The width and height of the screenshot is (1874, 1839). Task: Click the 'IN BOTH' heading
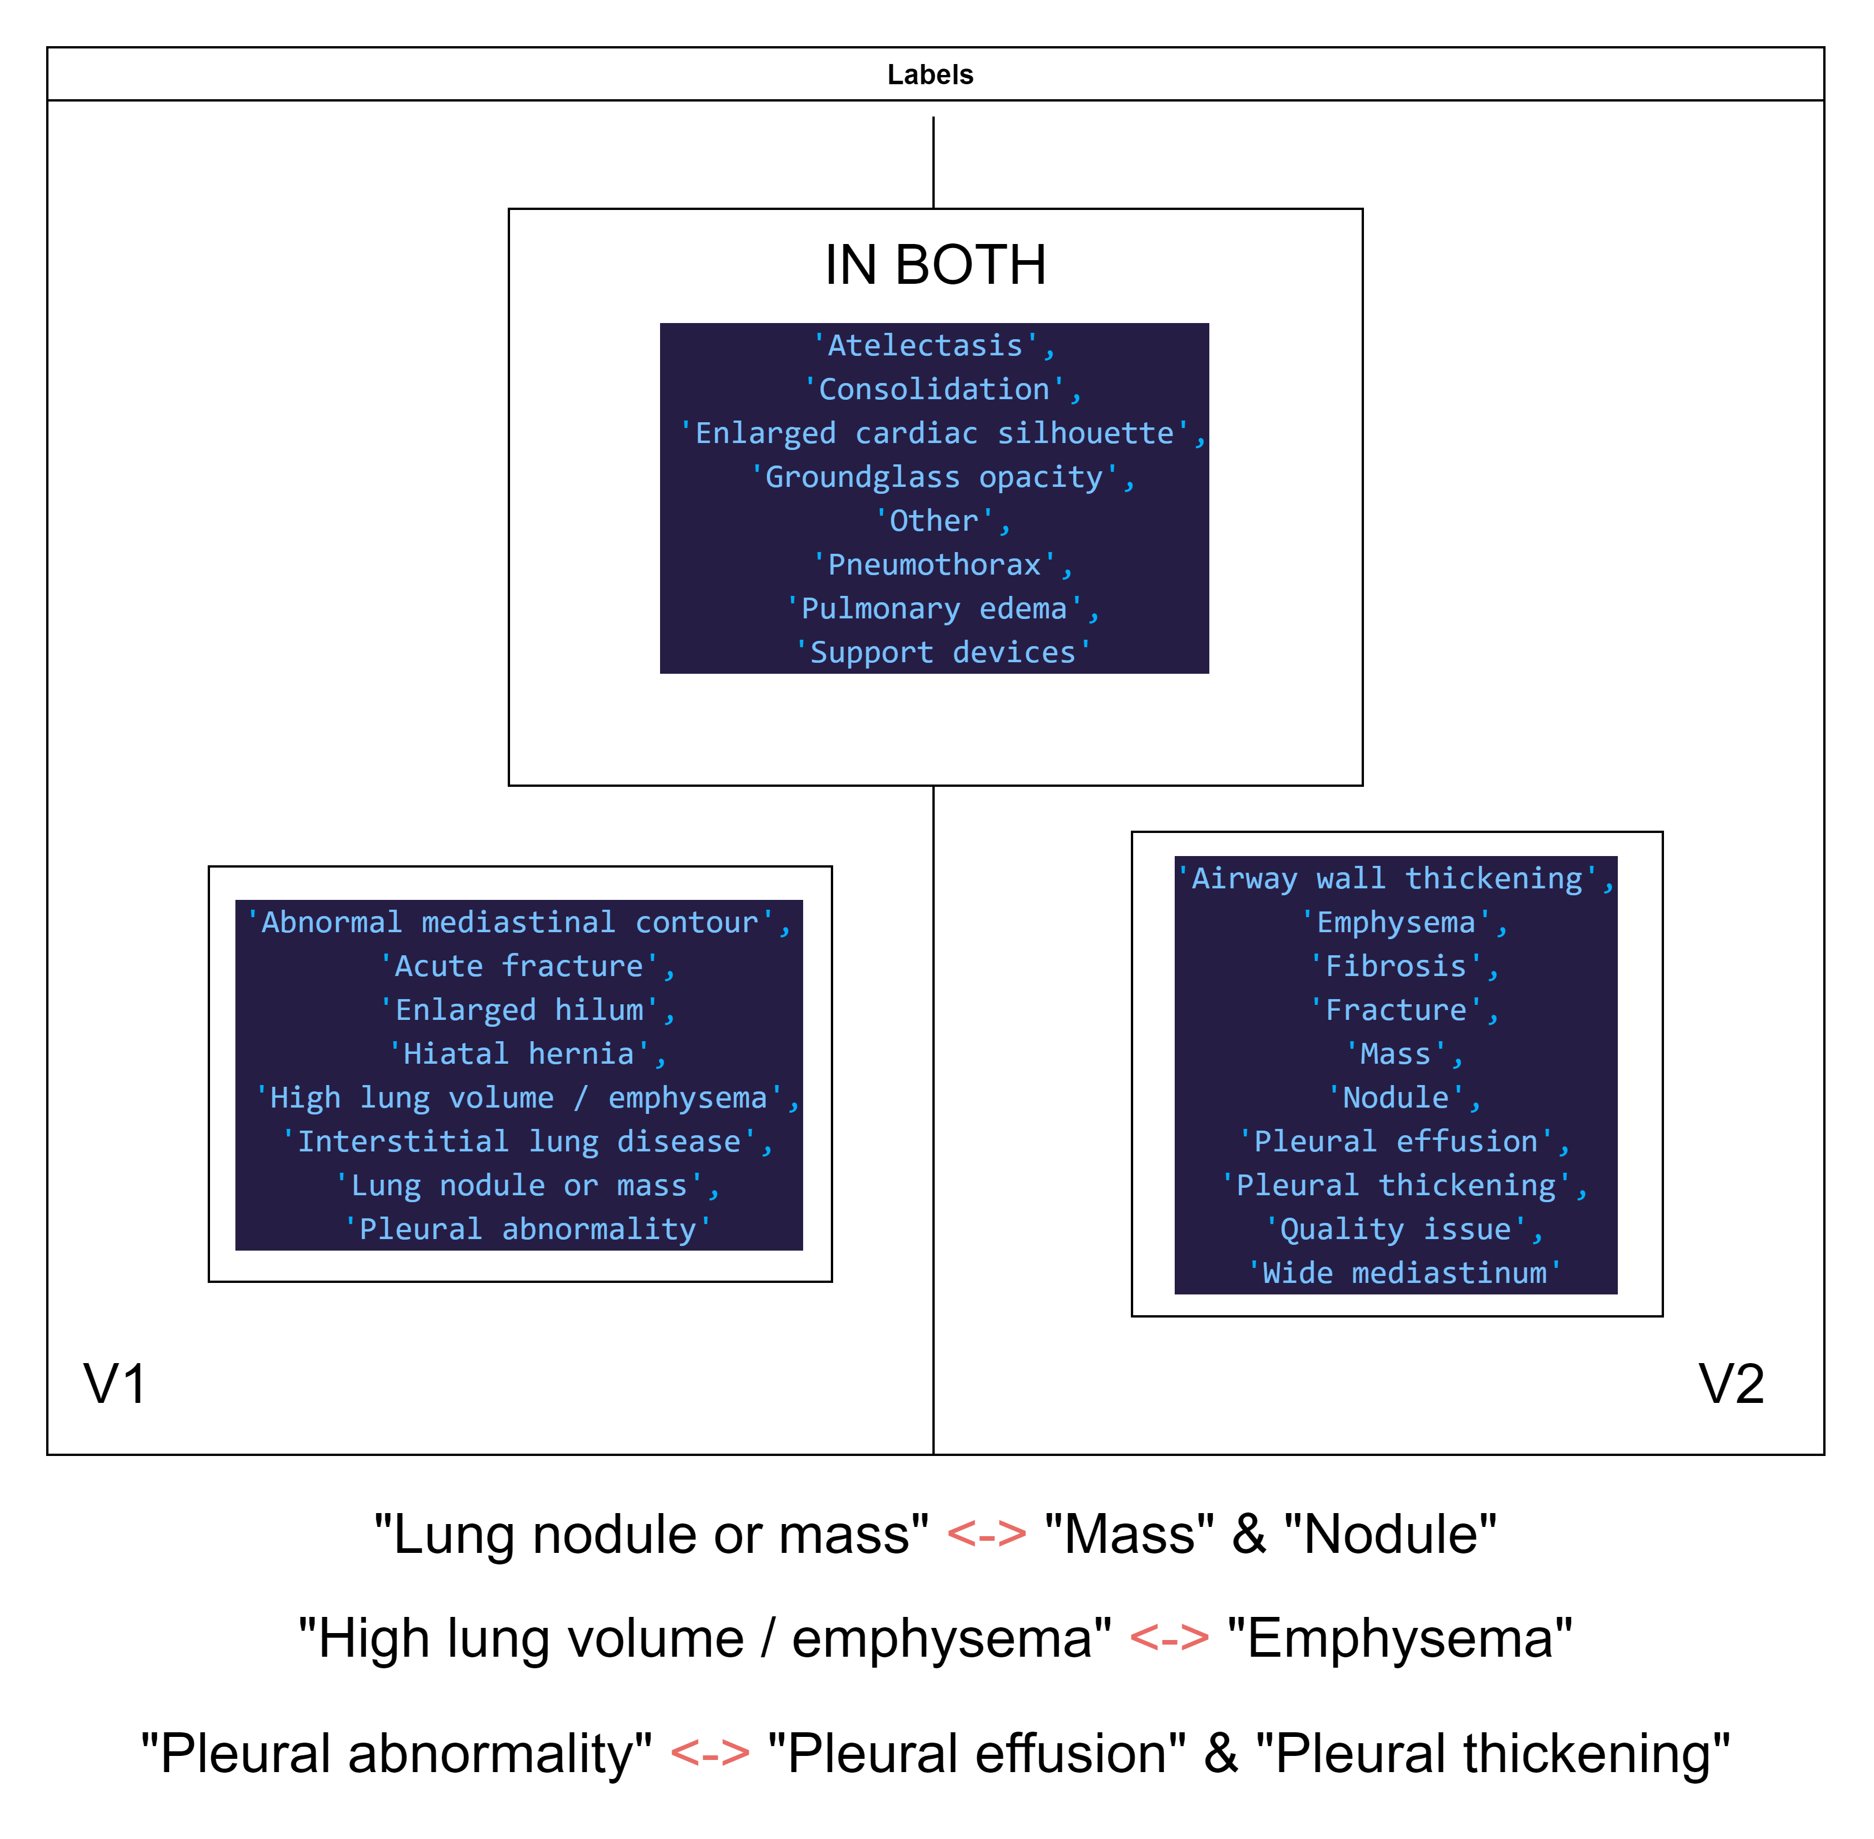[x=935, y=265]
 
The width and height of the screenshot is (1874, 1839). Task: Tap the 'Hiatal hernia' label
[x=526, y=1054]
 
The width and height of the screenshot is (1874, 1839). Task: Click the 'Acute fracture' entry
[x=526, y=966]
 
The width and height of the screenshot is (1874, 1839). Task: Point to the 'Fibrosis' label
[x=1403, y=966]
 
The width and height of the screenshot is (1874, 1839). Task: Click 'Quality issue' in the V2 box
[x=1403, y=1229]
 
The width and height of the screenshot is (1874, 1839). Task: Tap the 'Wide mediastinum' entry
[x=1403, y=1273]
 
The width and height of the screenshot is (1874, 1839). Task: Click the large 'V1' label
[x=115, y=1383]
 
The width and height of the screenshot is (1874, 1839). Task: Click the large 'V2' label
[x=1730, y=1383]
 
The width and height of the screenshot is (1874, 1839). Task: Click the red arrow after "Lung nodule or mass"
[x=985, y=1534]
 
